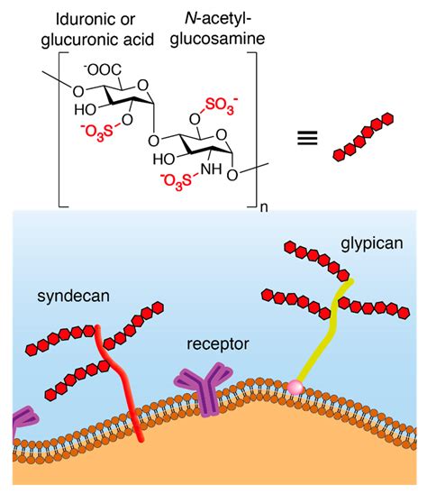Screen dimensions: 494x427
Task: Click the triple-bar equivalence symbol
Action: [x=307, y=136]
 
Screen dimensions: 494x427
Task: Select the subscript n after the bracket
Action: [x=264, y=207]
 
